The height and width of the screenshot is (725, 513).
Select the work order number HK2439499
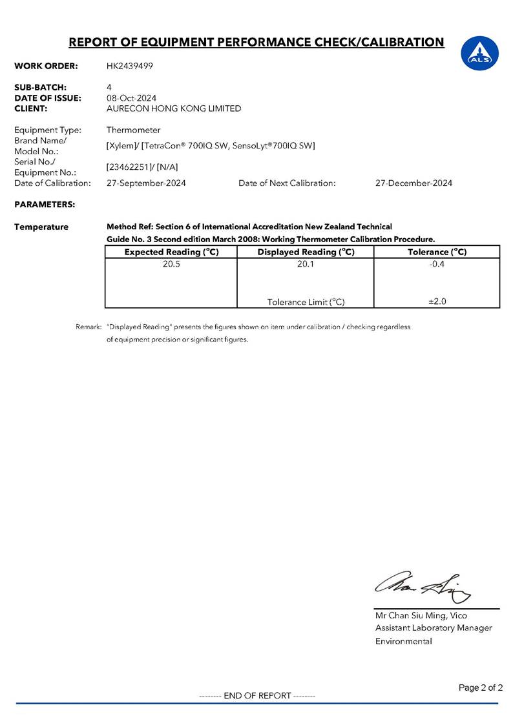(130, 66)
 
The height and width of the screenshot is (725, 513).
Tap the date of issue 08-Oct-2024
(131, 98)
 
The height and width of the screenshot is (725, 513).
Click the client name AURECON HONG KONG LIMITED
(174, 108)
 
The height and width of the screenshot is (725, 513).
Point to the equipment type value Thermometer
(133, 130)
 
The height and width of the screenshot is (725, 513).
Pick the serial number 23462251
(129, 167)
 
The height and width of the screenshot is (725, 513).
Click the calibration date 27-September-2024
(146, 183)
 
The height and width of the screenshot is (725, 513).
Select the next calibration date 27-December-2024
(414, 183)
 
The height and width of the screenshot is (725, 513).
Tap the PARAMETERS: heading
(45, 205)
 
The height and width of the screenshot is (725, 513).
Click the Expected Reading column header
(171, 252)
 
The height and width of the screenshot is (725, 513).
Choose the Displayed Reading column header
(306, 252)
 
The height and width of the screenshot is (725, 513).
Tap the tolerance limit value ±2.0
(437, 301)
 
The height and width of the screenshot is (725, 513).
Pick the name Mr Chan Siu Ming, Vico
(421, 616)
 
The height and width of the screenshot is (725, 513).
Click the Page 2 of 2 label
(480, 688)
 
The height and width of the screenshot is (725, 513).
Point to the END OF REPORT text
(257, 695)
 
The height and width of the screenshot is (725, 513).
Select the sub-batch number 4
(109, 87)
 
